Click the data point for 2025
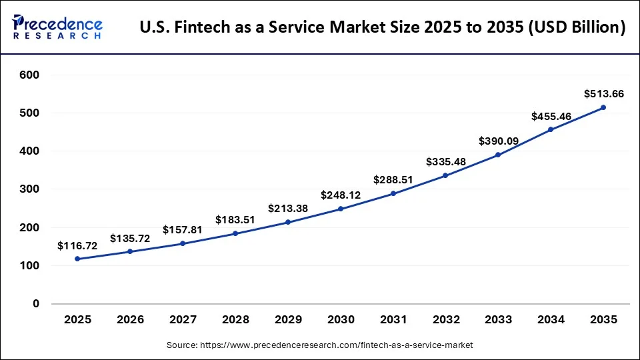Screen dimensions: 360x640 [78, 259]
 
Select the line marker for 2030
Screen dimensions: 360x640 [341, 209]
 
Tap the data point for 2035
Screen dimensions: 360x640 [603, 107]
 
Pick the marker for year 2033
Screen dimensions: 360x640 [498, 155]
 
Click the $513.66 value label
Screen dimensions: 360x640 [604, 94]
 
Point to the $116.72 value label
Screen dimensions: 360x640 [77, 246]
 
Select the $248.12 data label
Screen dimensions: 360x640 [341, 195]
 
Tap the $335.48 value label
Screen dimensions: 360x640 [446, 162]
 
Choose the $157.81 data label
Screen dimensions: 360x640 [183, 230]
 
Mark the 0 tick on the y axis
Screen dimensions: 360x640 [35, 304]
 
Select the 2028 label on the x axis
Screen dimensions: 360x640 [235, 320]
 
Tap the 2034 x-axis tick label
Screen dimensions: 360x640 [551, 320]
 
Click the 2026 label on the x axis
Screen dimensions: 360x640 [130, 320]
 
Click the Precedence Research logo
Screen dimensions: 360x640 [57, 27]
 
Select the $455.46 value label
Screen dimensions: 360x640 [551, 116]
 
